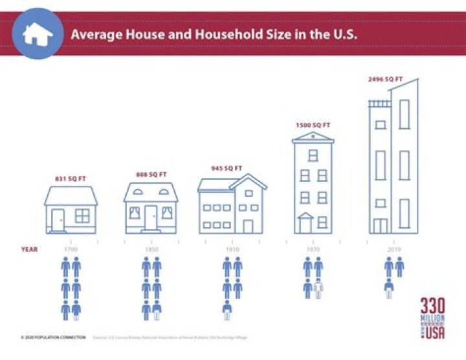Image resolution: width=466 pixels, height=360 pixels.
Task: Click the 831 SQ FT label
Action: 70,178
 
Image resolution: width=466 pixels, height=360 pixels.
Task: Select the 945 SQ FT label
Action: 226,168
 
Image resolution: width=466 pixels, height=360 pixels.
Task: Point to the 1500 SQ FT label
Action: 313,125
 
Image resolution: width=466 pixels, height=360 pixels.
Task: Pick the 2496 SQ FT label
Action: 386,79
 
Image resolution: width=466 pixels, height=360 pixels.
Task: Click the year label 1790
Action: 70,249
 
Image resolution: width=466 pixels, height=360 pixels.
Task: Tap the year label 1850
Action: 151,249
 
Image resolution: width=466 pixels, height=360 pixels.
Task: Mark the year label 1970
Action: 313,249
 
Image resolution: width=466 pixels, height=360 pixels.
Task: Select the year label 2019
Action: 394,249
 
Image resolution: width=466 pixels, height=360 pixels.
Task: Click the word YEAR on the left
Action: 28,249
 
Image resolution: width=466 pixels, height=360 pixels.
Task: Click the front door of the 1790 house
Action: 58,220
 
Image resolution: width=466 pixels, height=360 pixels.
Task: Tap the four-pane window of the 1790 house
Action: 83,216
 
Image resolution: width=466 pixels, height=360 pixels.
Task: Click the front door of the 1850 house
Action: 151,218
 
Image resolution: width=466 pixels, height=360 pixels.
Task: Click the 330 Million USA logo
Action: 433,317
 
